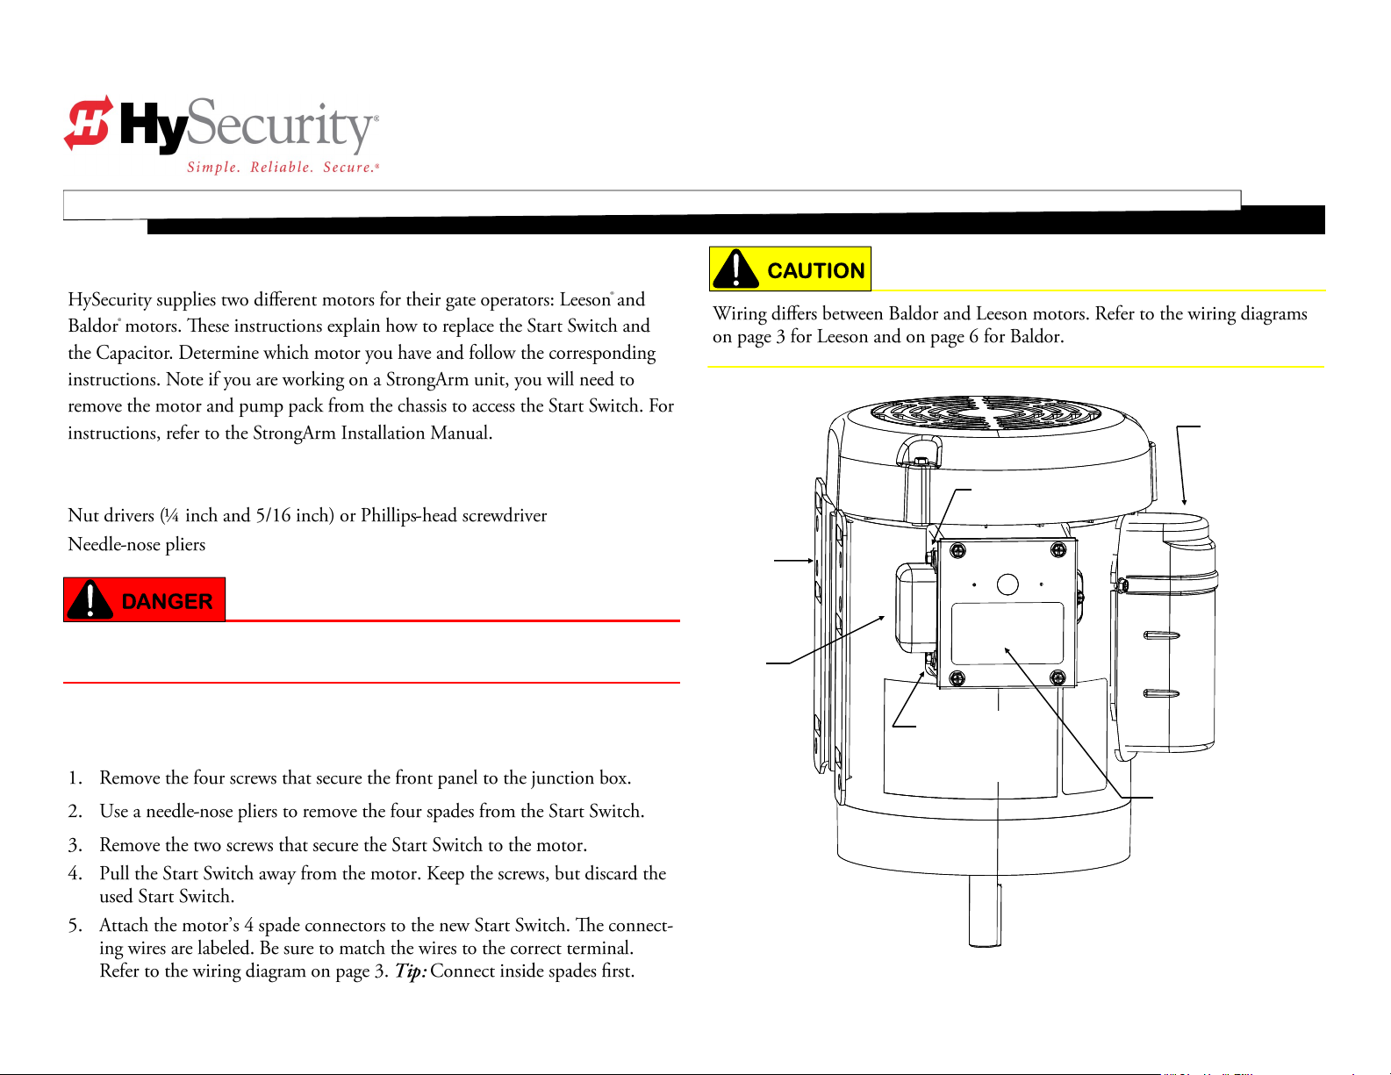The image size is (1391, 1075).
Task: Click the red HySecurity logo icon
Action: [88, 122]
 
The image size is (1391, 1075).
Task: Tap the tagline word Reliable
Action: [281, 168]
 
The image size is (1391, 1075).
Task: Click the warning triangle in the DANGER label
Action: [90, 600]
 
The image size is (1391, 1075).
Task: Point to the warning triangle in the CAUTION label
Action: [735, 269]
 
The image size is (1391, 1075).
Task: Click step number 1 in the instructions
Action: [76, 778]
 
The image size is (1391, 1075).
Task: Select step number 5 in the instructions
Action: [76, 926]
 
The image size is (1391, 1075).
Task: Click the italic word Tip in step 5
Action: [410, 971]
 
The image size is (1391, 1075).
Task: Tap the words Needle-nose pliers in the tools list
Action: [137, 545]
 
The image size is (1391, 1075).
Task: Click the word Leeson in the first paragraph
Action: [584, 300]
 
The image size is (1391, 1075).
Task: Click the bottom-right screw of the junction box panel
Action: [1058, 677]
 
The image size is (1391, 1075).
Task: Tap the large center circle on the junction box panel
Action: [1007, 584]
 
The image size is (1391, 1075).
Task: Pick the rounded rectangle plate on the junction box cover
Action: [1007, 633]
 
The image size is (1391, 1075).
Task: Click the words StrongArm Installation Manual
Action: [372, 434]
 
